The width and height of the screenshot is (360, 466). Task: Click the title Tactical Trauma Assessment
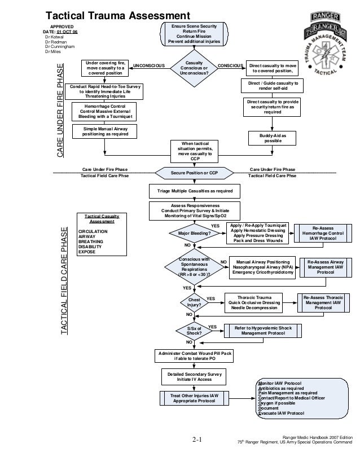pyautogui.click(x=118, y=15)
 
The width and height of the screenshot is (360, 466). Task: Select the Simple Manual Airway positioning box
pyautogui.click(x=105, y=131)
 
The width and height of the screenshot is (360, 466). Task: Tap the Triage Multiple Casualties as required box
pyautogui.click(x=194, y=191)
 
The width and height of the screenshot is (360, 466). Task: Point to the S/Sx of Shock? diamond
pyautogui.click(x=194, y=331)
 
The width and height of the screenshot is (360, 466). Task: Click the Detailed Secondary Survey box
pyautogui.click(x=194, y=377)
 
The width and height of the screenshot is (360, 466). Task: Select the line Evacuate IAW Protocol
pyautogui.click(x=280, y=414)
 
